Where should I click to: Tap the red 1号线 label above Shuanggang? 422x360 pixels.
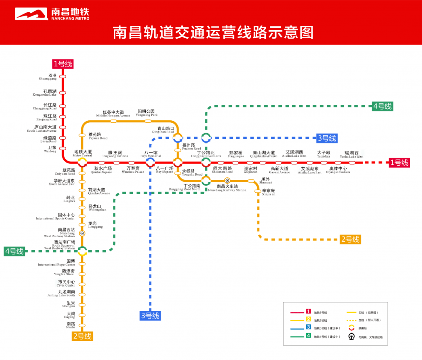click(63, 64)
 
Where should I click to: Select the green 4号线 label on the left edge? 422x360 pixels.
click(14, 251)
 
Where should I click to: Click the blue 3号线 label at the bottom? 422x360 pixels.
click(150, 315)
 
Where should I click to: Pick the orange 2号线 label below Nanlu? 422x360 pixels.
click(82, 336)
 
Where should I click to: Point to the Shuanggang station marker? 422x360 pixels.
click(63, 77)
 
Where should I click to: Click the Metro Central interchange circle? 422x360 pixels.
click(82, 162)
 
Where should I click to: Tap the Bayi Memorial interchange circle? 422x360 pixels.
click(150, 162)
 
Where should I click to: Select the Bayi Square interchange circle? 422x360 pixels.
click(178, 162)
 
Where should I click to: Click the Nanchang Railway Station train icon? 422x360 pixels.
click(227, 180)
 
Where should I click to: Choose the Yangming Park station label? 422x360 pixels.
click(147, 113)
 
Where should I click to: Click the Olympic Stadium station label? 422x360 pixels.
click(338, 170)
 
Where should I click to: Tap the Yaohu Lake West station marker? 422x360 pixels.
click(352, 162)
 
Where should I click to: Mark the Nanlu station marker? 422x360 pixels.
click(82, 325)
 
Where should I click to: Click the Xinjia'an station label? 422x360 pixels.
click(268, 192)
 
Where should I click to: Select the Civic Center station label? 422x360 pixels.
click(66, 283)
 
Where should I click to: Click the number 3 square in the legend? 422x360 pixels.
click(308, 327)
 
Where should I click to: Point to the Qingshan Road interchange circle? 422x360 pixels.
click(178, 138)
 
